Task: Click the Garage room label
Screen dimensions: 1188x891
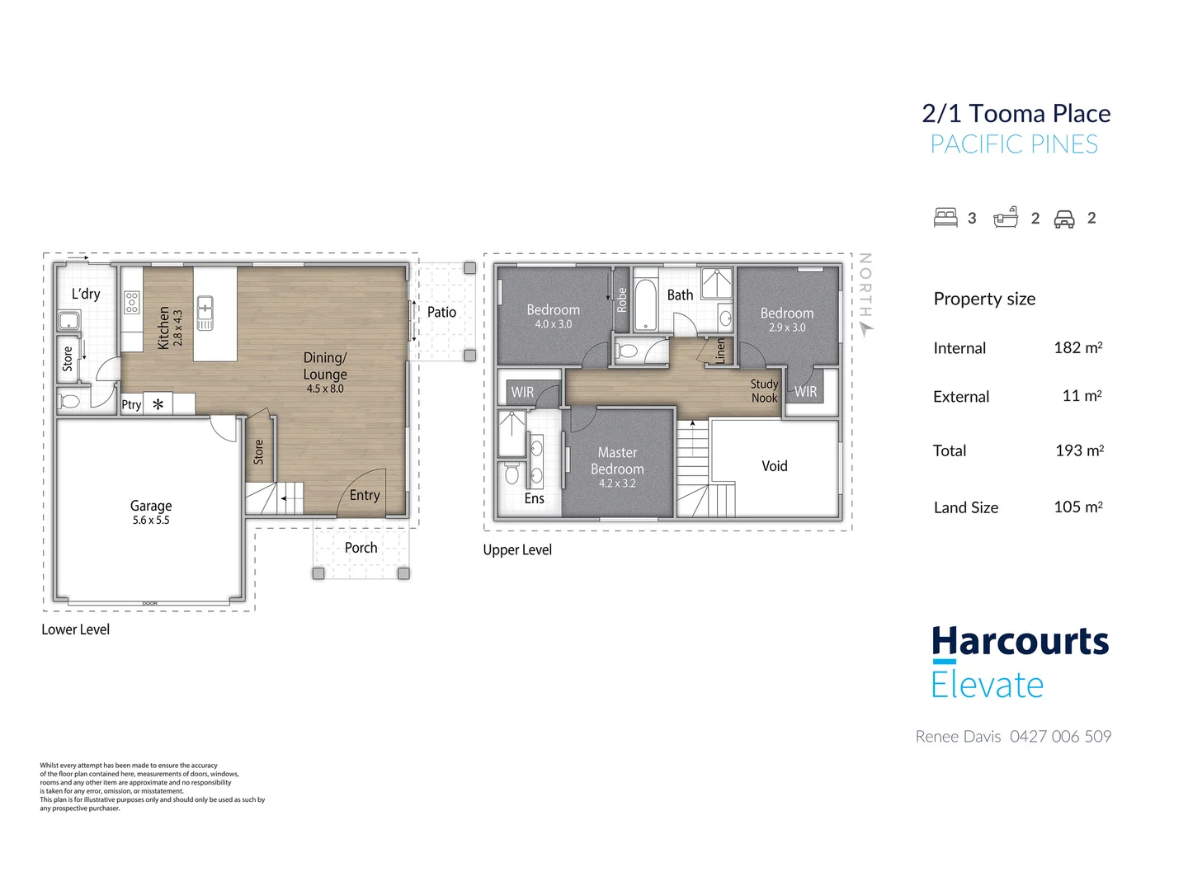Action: click(x=150, y=505)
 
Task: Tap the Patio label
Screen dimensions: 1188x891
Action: click(x=441, y=312)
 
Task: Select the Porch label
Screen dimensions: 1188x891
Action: click(x=361, y=547)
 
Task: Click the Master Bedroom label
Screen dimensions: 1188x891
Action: click(x=616, y=460)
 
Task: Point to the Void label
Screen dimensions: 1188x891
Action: click(x=774, y=465)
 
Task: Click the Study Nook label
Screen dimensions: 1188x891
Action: click(x=764, y=390)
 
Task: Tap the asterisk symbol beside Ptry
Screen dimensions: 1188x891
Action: click(x=158, y=403)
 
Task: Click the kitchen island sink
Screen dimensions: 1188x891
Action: click(x=205, y=312)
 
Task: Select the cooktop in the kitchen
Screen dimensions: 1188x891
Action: click(x=131, y=303)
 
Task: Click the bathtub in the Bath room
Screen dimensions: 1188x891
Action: click(x=644, y=304)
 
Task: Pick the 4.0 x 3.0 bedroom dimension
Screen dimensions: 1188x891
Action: click(x=553, y=323)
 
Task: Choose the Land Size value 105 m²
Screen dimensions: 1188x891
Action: click(x=1077, y=506)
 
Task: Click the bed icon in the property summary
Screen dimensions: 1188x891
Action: click(x=945, y=217)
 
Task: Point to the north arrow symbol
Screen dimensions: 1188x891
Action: click(x=866, y=328)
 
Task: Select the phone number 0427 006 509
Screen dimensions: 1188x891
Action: click(x=1060, y=735)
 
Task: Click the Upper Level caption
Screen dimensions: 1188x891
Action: click(x=517, y=549)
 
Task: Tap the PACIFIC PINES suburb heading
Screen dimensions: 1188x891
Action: click(x=1014, y=144)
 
